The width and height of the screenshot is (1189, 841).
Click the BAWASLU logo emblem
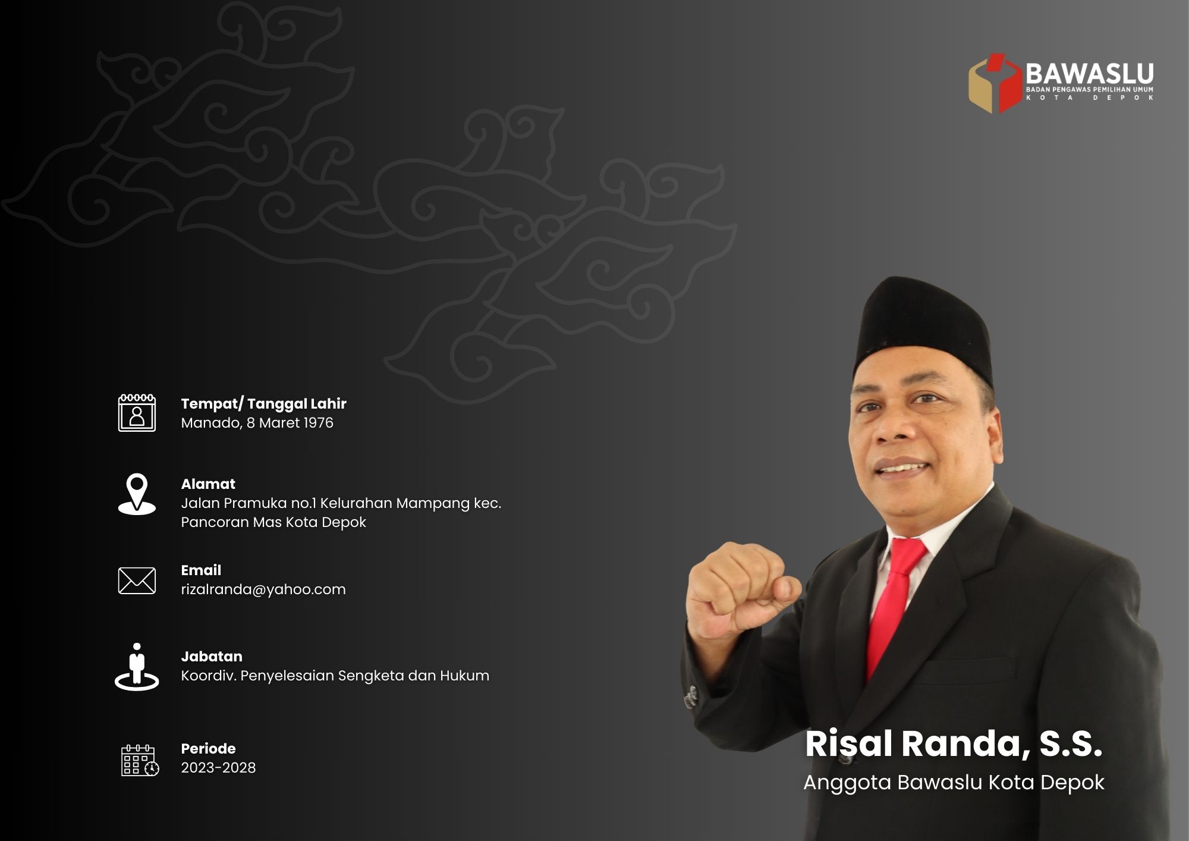(x=995, y=83)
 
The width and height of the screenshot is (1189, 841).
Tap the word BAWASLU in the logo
(x=1089, y=74)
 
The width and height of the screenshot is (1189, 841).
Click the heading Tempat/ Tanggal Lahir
(x=263, y=404)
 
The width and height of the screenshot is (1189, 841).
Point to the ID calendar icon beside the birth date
(x=137, y=412)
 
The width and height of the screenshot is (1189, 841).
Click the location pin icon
(x=137, y=493)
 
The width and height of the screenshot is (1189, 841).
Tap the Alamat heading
(x=208, y=484)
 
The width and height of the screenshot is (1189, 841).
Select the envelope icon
(x=137, y=580)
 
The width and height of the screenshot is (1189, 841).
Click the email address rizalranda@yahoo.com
(x=263, y=589)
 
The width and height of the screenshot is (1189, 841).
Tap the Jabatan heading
(x=212, y=657)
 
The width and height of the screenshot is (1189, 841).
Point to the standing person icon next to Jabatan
(x=137, y=667)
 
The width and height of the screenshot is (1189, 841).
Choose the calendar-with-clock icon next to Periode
(x=140, y=760)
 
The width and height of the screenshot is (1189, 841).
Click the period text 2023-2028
(x=218, y=768)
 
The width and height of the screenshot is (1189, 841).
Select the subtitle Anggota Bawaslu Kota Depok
(x=954, y=782)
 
